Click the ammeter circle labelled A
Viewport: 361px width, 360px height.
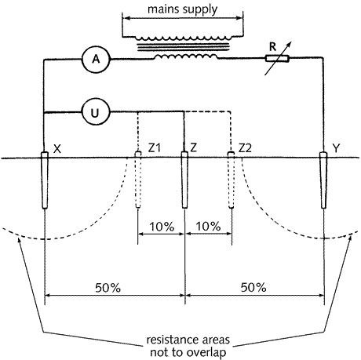coord(96,59)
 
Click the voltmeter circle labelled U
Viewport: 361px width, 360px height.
coord(96,113)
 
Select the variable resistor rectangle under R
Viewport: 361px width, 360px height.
coord(277,59)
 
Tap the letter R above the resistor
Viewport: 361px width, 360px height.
coord(272,47)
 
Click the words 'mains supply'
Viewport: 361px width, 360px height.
coord(183,9)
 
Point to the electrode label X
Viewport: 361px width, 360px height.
coord(57,149)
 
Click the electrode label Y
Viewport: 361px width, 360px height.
coord(336,148)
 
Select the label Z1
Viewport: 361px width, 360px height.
coord(154,148)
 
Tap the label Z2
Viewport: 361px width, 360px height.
coord(245,148)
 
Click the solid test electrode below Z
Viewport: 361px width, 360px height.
coord(184,180)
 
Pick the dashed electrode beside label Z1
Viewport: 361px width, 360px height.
coord(138,180)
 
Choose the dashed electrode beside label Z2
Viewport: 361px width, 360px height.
coord(231,180)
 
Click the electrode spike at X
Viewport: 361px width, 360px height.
coord(45,180)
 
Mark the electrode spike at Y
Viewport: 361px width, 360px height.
coord(323,180)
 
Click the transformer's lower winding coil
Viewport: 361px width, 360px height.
coord(186,56)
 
